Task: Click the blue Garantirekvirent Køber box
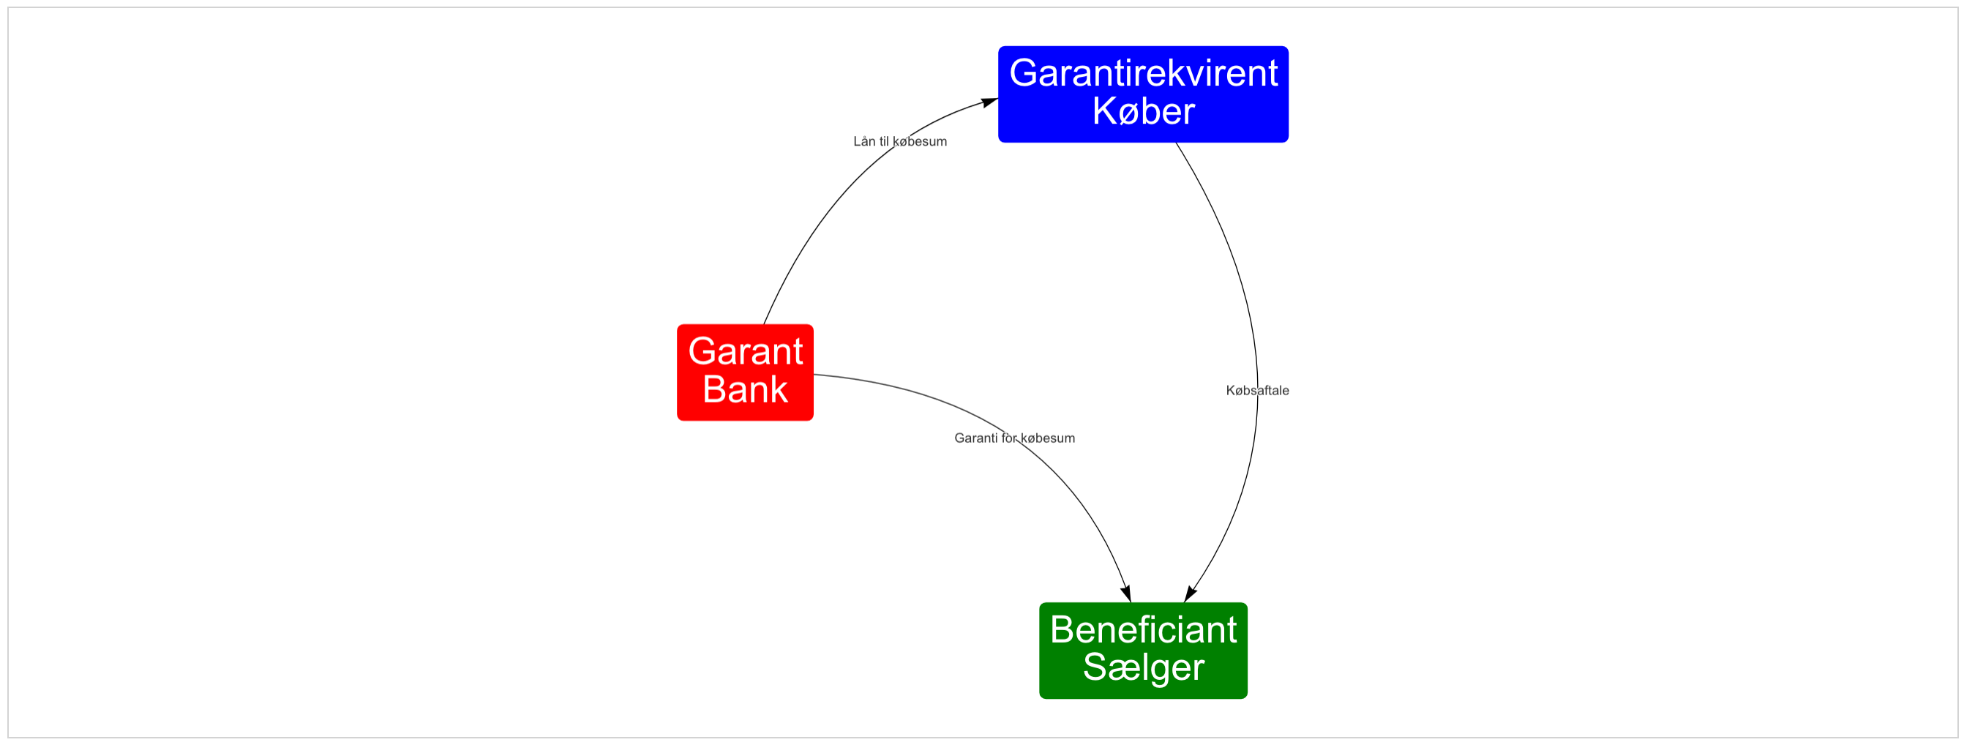click(x=1143, y=94)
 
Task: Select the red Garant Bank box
click(x=745, y=372)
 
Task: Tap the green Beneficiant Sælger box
click(x=1143, y=651)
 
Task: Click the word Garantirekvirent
click(x=1143, y=73)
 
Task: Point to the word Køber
click(x=1143, y=111)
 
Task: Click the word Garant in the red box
click(x=745, y=351)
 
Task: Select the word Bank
click(x=745, y=389)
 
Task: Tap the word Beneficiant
click(x=1143, y=630)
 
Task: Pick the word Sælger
click(x=1143, y=668)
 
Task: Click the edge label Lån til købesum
click(x=899, y=141)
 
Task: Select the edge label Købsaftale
click(x=1257, y=390)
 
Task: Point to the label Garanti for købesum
click(x=1014, y=438)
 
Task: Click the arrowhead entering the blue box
click(x=989, y=102)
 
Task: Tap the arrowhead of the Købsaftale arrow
click(x=1190, y=594)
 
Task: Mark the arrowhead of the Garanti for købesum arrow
click(x=1126, y=594)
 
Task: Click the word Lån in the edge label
click(x=865, y=141)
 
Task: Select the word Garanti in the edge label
click(x=976, y=438)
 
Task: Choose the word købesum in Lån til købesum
click(x=921, y=141)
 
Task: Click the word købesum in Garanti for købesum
click(x=1048, y=438)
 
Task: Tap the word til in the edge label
click(x=885, y=141)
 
